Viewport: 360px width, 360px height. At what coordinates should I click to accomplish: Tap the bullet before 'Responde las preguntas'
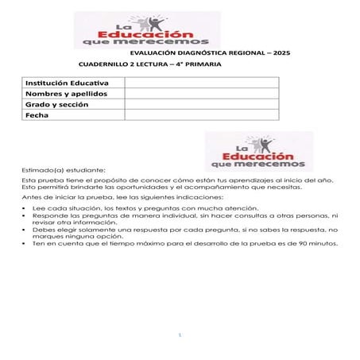[24, 215]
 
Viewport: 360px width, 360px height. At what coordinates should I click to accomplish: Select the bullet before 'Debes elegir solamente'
[24, 229]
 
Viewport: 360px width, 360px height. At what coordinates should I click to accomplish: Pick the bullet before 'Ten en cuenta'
[24, 243]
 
